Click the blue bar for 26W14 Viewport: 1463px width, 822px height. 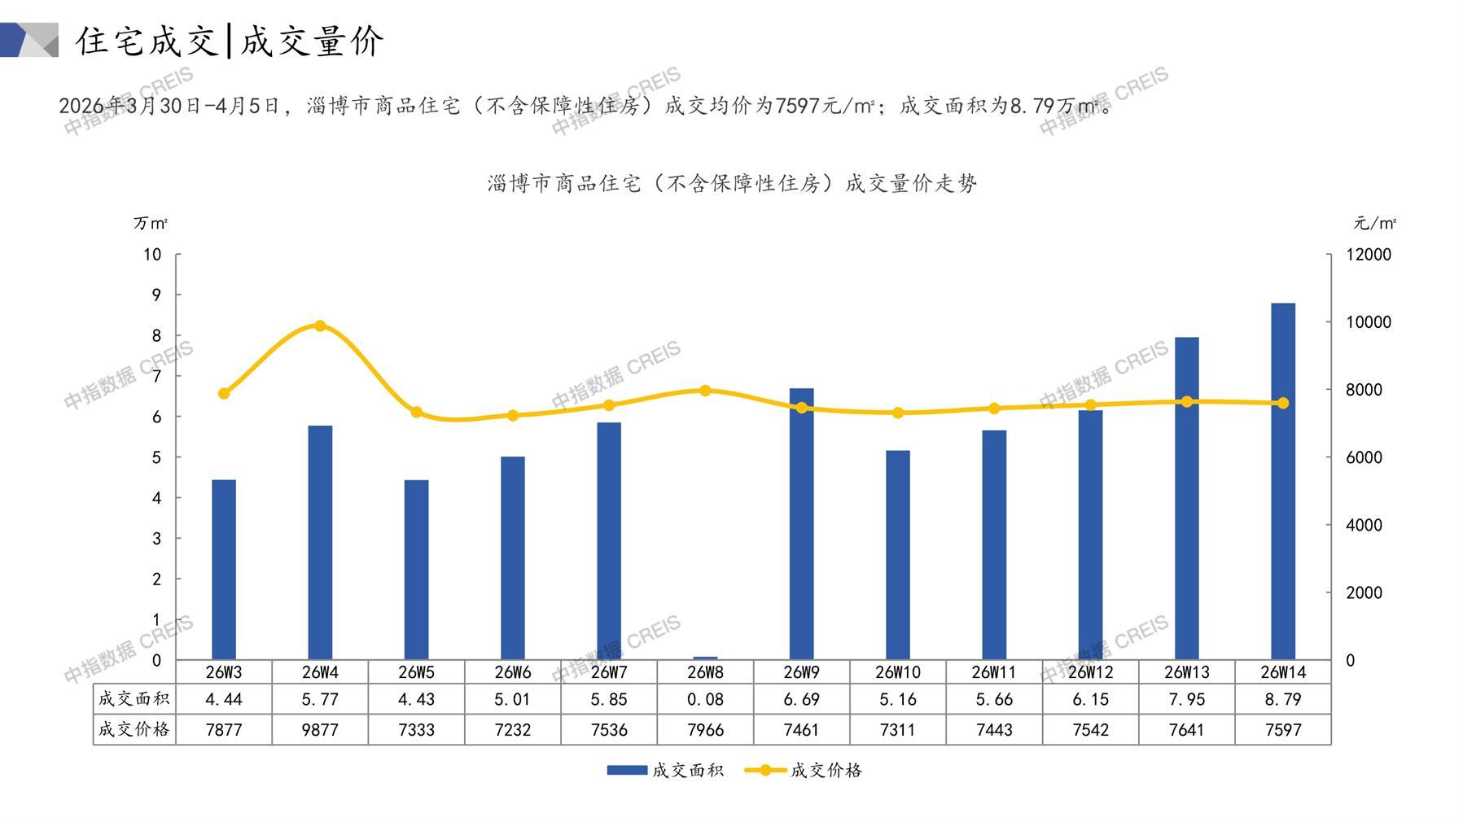(1282, 481)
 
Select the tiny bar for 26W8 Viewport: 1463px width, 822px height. (705, 658)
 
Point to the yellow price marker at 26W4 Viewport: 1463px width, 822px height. (320, 326)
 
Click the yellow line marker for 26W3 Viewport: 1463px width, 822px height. (224, 394)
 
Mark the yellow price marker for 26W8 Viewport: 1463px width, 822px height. (705, 391)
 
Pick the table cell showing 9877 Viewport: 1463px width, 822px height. (320, 730)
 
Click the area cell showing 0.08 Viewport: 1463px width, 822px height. (705, 699)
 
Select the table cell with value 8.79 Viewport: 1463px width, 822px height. (1282, 699)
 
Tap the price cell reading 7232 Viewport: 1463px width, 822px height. (512, 730)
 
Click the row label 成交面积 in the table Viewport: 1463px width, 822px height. (134, 699)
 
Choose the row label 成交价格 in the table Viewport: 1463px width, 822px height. (134, 730)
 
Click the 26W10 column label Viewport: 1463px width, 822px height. (897, 672)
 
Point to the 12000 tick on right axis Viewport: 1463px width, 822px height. (1368, 255)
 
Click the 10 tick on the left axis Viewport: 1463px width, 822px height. (152, 255)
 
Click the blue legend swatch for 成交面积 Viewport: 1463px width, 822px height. (627, 770)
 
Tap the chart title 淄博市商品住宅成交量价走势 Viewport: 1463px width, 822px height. (732, 184)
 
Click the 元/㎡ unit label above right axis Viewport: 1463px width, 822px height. (1374, 223)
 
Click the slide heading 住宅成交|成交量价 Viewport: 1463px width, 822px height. (230, 41)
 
